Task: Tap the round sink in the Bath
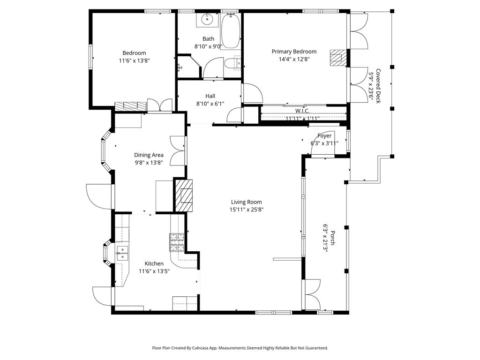point(207,20)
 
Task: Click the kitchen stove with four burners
point(177,242)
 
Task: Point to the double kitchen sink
point(122,253)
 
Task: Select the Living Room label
point(246,202)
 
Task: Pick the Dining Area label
point(149,155)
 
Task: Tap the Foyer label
point(324,136)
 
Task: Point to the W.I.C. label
point(302,111)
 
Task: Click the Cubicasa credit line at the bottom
point(240,348)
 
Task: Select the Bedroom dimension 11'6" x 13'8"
point(134,60)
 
